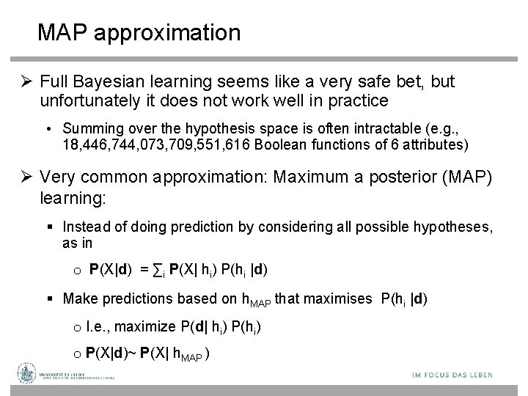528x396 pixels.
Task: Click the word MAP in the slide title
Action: pos(62,33)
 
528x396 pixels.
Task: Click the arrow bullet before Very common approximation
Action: pos(25,177)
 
